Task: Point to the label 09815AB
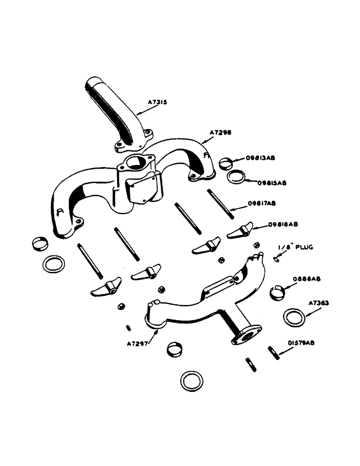pos(272,183)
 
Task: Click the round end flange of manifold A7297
pos(244,336)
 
